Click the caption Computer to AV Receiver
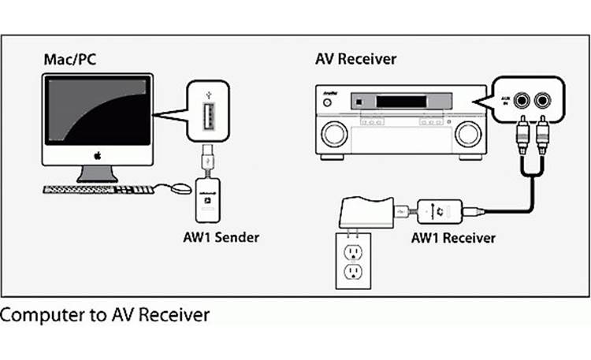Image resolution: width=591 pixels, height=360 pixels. pos(105,315)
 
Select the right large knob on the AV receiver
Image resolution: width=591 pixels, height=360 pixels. pos(468,135)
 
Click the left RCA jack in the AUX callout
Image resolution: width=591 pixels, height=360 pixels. pos(522,100)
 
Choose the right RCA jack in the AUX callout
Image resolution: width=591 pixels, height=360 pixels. pos(543,100)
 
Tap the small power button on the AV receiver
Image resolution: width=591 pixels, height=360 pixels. pos(357,102)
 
